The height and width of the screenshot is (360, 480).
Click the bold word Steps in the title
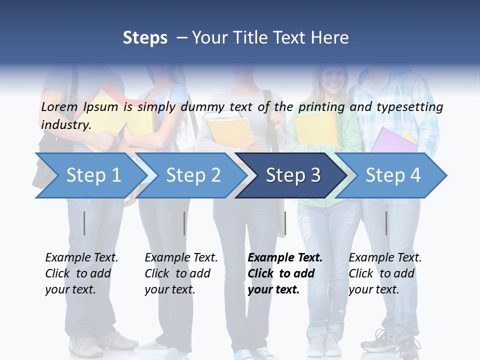(145, 38)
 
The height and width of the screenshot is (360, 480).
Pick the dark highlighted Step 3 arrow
(293, 175)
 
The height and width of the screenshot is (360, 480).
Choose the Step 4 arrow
(393, 175)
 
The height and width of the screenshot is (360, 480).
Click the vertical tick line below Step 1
(84, 223)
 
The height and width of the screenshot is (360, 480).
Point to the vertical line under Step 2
(184, 223)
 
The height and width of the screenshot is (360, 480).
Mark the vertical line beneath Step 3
(285, 223)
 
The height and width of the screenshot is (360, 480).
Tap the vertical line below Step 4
(386, 223)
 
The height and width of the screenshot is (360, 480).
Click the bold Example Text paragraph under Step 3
(285, 273)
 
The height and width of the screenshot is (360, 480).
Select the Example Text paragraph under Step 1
(81, 273)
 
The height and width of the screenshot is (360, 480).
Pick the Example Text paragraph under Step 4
(385, 273)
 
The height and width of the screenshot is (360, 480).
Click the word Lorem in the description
(59, 106)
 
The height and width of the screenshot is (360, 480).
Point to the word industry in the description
(66, 124)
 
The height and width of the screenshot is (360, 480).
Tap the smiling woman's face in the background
(330, 77)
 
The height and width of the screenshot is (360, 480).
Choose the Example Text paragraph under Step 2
(181, 273)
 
